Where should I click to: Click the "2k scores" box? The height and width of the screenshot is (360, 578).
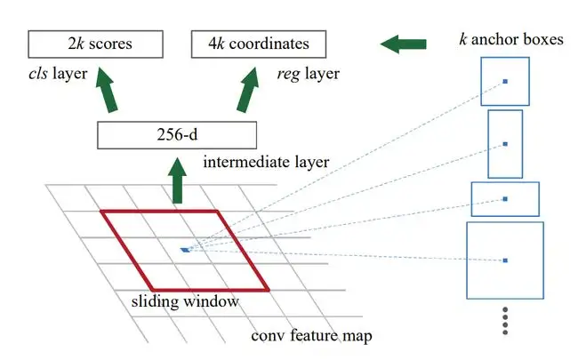pyautogui.click(x=96, y=43)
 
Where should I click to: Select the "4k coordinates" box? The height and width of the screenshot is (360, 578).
pyautogui.click(x=258, y=43)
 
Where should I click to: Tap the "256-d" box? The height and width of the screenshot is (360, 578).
pyautogui.click(x=175, y=135)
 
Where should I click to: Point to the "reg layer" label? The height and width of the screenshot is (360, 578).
pyautogui.click(x=307, y=74)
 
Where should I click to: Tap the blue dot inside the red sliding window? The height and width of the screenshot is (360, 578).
pyautogui.click(x=185, y=250)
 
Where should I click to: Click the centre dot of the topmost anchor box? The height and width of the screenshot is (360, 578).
pyautogui.click(x=505, y=82)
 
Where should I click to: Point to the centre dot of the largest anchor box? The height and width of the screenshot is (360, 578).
pyautogui.click(x=504, y=260)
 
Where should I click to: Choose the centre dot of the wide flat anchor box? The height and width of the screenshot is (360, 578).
pyautogui.click(x=504, y=199)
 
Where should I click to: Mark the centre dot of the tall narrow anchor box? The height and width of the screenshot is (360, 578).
pyautogui.click(x=505, y=143)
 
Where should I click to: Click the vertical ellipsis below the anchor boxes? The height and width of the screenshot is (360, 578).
pyautogui.click(x=505, y=321)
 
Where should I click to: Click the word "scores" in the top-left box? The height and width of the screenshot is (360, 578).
pyautogui.click(x=109, y=43)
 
